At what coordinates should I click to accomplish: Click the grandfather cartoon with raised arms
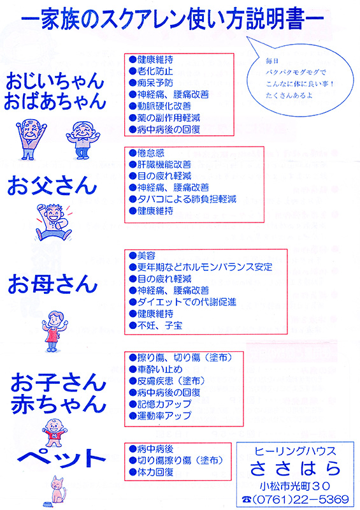tap(31, 139)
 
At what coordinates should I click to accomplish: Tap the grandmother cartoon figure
tap(83, 140)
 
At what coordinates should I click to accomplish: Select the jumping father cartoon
tap(54, 222)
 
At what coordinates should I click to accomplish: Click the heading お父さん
tap(52, 186)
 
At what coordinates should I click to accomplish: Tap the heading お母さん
tap(53, 284)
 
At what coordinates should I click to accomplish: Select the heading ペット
tap(62, 458)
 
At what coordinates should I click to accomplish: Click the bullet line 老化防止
tap(151, 71)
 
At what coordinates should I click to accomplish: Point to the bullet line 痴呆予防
tap(151, 83)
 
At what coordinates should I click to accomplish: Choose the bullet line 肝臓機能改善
tap(160, 164)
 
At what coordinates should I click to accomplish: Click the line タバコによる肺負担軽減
tap(182, 199)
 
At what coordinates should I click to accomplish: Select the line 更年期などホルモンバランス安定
tap(201, 267)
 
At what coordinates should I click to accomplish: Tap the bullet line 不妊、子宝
tap(155, 325)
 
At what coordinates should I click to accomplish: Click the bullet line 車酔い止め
tap(155, 369)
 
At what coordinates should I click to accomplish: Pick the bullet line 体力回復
tap(151, 472)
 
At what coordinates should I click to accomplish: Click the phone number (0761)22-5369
tap(296, 499)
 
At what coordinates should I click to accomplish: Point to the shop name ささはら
tap(295, 469)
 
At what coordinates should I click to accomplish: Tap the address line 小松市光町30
tap(294, 486)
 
